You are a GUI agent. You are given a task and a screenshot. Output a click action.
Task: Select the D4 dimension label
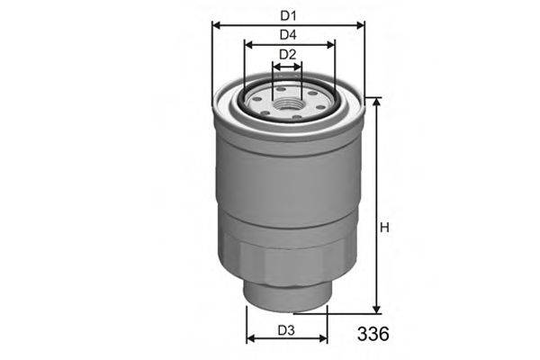(288, 35)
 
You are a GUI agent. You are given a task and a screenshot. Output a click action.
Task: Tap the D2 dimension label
(287, 56)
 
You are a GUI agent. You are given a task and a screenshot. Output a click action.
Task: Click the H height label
(384, 229)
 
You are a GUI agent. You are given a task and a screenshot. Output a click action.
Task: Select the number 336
(371, 335)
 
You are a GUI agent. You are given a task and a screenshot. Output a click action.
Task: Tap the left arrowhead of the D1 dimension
(216, 24)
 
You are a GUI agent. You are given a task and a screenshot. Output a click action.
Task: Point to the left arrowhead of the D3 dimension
(251, 340)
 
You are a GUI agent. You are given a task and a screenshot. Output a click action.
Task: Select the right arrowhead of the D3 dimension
(324, 340)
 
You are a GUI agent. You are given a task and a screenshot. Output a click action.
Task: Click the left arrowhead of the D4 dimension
(248, 45)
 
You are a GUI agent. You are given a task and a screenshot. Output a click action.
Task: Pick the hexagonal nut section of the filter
(287, 261)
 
